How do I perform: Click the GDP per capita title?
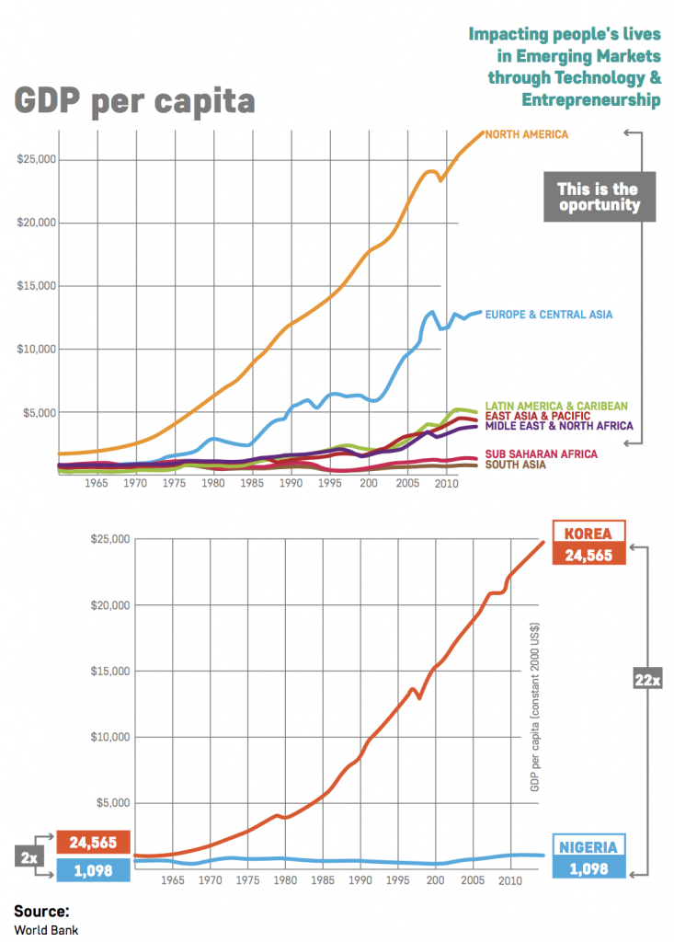134,100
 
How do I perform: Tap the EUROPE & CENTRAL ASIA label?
548,315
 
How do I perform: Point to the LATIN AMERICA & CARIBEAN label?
556,406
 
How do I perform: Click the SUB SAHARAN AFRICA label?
541,454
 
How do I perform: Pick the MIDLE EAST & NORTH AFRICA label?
559,426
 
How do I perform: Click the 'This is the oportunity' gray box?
598,197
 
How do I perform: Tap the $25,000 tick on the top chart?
37,159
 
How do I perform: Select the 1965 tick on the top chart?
97,482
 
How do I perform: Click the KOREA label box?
588,534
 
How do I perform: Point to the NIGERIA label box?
588,846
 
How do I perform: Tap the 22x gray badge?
647,681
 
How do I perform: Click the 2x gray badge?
29,856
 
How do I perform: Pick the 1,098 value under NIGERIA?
588,867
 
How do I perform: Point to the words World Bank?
46,930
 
